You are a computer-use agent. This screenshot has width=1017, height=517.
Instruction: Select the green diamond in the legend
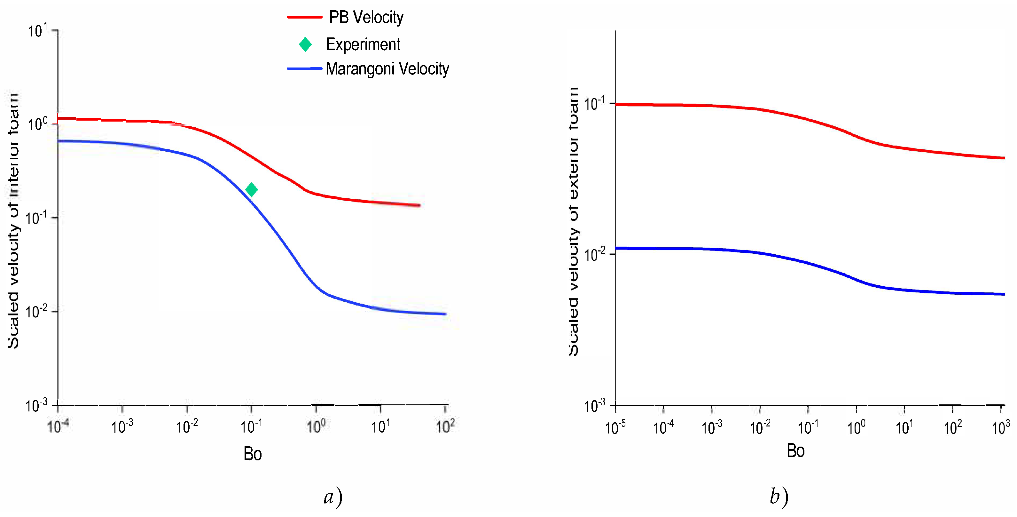click(305, 44)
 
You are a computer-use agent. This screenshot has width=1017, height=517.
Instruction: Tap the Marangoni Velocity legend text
click(387, 69)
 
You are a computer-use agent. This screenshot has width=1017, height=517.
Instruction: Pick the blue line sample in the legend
click(304, 69)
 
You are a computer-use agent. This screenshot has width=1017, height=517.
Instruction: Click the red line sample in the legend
click(304, 17)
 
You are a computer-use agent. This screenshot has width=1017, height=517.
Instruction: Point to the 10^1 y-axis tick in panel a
click(38, 30)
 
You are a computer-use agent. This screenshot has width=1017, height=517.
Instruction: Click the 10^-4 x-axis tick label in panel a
click(58, 426)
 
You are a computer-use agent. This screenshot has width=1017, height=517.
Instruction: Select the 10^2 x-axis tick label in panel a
click(445, 426)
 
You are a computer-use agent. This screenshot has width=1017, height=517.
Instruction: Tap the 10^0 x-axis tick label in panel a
click(316, 426)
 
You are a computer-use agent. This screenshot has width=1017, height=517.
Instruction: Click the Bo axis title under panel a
click(252, 454)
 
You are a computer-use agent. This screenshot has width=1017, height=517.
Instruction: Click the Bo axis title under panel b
click(795, 451)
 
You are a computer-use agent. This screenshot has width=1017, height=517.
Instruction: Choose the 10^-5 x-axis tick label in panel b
click(615, 427)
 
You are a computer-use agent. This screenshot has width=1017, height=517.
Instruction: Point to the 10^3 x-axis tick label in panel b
click(1000, 427)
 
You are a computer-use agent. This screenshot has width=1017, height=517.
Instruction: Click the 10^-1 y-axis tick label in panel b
click(594, 104)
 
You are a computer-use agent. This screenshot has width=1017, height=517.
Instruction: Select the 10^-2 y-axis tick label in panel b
click(594, 255)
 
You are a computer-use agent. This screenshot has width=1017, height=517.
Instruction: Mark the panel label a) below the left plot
click(333, 497)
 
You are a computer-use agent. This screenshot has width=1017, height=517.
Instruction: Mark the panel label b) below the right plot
click(778, 497)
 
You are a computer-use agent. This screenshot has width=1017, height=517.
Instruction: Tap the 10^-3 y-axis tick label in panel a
click(36, 405)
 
